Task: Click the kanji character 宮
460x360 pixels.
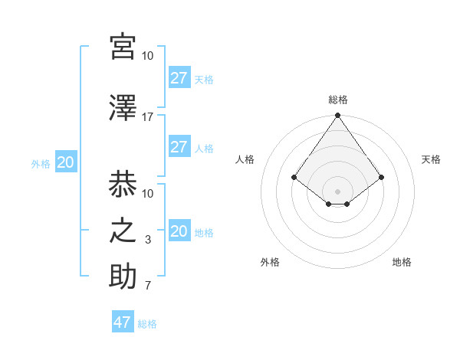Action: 123,47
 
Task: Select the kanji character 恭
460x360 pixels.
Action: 123,185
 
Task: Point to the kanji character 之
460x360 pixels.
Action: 123,231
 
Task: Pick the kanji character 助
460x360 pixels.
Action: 123,277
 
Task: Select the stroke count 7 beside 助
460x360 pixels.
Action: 147,286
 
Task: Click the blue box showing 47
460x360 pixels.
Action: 123,322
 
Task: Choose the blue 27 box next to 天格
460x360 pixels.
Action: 179,77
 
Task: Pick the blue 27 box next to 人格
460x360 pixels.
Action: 179,147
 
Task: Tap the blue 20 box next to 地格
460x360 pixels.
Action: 179,231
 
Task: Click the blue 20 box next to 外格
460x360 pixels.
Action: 66,162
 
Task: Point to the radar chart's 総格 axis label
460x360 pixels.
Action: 337,100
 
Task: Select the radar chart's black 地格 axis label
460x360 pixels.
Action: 402,263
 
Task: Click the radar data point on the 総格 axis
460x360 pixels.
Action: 337,116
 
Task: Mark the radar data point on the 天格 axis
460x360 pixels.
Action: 382,177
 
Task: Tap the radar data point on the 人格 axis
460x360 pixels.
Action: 294,177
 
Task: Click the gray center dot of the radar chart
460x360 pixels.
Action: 337,191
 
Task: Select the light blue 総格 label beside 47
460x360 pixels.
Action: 147,324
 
